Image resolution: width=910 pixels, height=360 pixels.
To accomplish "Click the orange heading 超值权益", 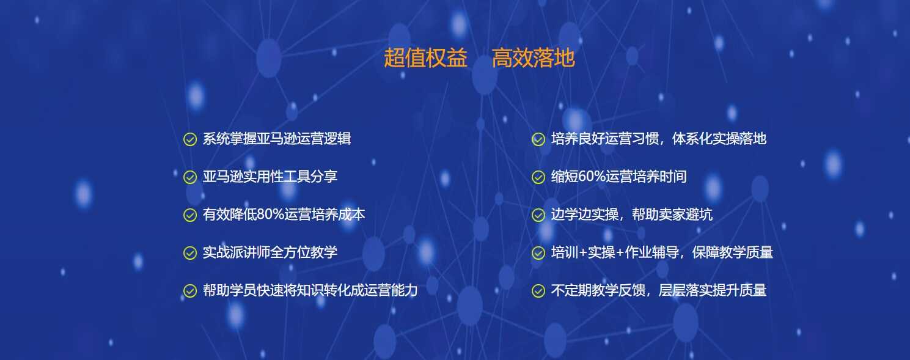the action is pyautogui.click(x=425, y=57).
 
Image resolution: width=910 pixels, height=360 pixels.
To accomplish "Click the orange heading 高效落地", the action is pyautogui.click(x=534, y=57).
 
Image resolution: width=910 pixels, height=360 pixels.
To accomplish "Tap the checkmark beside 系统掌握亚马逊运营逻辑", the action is pyautogui.click(x=190, y=139).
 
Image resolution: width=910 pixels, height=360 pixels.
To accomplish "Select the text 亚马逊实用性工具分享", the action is pyautogui.click(x=270, y=177).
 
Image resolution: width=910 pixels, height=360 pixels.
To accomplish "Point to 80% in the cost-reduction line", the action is pyautogui.click(x=270, y=215).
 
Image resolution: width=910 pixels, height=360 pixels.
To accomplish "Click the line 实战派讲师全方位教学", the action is pyautogui.click(x=270, y=252).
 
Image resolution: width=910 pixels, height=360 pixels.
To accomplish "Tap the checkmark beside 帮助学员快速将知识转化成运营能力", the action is pyautogui.click(x=190, y=291).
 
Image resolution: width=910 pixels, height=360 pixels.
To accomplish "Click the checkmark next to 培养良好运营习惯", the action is pyautogui.click(x=538, y=139).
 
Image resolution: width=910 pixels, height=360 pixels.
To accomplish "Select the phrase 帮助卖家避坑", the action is pyautogui.click(x=672, y=215).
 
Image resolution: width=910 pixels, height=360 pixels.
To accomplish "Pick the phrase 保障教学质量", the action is pyautogui.click(x=733, y=252).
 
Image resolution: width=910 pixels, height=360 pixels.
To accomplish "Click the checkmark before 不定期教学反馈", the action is pyautogui.click(x=538, y=291).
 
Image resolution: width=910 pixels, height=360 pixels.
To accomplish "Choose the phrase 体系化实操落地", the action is pyautogui.click(x=719, y=139).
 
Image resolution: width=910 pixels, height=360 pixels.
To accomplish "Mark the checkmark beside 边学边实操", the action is pyautogui.click(x=538, y=215).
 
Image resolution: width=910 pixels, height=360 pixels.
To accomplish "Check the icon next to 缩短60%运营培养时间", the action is pyautogui.click(x=538, y=177).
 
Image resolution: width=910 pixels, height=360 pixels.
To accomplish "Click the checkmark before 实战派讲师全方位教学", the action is pyautogui.click(x=190, y=253).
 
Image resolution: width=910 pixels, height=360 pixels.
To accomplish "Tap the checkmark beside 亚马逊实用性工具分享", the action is pyautogui.click(x=190, y=177).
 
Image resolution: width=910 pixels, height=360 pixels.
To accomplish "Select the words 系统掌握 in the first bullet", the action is pyautogui.click(x=230, y=139).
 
